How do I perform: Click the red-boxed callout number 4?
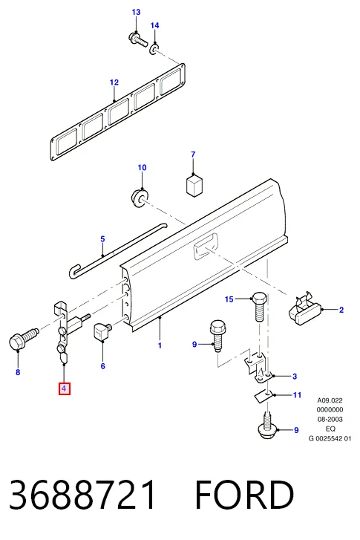coord(65,388)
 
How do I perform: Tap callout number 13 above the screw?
coord(137,12)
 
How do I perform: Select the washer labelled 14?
coord(154,49)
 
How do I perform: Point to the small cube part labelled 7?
coord(194,186)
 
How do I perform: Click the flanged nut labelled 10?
coord(140,198)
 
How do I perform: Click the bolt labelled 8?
coord(23,338)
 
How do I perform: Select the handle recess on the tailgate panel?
coord(206,246)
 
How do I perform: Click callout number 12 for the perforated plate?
coord(114,82)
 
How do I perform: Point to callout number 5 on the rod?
coord(102,238)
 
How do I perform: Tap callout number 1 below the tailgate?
coord(160,345)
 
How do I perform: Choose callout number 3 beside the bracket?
coord(295,376)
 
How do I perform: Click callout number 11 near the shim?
coord(298,394)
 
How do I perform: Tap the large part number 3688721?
coord(82,495)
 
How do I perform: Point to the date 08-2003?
coord(330,419)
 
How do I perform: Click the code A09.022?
coord(330,400)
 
